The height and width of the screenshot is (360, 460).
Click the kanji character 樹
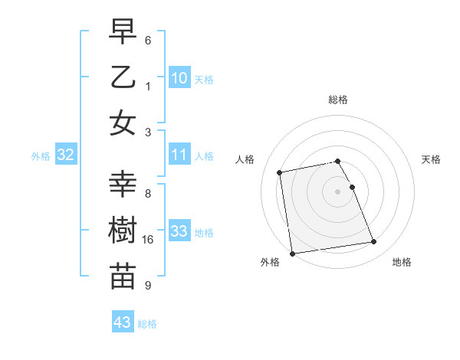[123, 231]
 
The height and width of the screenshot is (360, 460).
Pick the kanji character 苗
[123, 277]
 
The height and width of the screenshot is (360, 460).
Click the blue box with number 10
[179, 77]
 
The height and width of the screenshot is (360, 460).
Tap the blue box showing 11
[179, 155]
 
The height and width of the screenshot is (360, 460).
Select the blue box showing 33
[179, 232]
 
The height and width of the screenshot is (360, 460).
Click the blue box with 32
[66, 155]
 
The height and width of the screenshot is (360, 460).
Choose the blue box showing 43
[123, 322]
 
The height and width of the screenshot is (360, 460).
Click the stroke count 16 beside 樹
[148, 240]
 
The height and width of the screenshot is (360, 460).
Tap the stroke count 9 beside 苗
[148, 286]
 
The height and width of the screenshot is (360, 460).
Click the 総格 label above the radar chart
[338, 100]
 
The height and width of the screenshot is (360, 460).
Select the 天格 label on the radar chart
[431, 159]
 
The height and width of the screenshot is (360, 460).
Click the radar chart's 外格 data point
[291, 254]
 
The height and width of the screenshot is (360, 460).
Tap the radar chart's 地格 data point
[373, 243]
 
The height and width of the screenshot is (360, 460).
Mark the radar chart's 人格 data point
[280, 172]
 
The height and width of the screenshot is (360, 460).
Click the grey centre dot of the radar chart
[338, 191]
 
